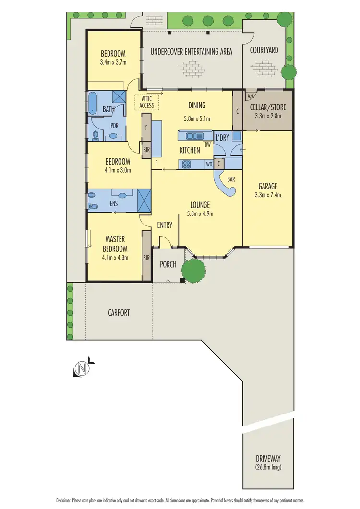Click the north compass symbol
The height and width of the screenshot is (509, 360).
82,368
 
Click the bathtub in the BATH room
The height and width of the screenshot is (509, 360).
92,103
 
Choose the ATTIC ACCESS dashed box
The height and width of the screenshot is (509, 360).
147,102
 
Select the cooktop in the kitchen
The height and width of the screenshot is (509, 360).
187,165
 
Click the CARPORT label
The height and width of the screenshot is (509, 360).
119,312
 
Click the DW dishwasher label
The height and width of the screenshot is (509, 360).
207,144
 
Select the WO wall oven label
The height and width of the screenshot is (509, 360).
209,164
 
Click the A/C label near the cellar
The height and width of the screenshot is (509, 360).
250,96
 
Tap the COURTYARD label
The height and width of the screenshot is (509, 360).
264,50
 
